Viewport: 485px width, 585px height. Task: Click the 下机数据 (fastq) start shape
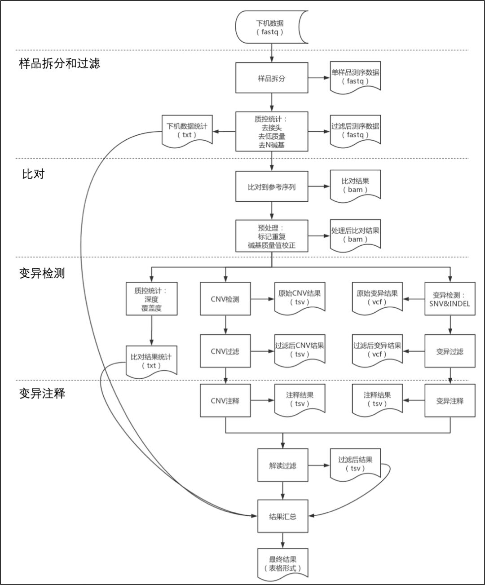271,27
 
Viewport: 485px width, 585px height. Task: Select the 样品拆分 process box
272,78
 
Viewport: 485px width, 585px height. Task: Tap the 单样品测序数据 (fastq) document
355,77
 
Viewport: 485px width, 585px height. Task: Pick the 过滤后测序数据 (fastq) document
355,130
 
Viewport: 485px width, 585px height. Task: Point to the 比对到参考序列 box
272,187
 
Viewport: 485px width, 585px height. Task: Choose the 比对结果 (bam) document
355,185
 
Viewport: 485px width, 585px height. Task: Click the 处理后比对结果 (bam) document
355,235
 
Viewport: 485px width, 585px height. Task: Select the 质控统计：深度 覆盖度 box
151,299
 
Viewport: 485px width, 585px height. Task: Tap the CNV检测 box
225,299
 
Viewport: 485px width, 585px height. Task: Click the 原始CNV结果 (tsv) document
300,297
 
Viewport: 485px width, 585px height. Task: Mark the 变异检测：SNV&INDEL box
450,299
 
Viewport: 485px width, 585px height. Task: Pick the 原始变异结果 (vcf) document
377,297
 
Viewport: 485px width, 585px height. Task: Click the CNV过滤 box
225,351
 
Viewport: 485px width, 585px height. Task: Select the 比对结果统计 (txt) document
151,361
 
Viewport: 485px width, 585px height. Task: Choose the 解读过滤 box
282,465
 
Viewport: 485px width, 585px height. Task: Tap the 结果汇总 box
282,516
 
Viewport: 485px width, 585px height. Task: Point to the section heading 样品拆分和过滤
59,63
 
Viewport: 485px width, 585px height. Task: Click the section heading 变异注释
42,394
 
